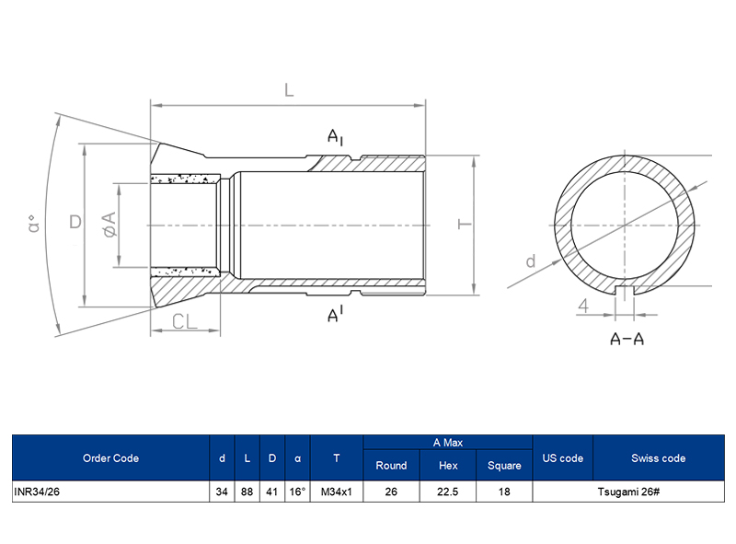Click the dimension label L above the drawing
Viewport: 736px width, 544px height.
(288, 90)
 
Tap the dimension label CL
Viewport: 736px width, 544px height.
(186, 321)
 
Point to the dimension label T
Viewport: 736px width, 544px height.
(465, 224)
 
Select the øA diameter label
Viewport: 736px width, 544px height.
(109, 224)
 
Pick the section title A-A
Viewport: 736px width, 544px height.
(627, 339)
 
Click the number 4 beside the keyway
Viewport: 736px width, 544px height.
(583, 307)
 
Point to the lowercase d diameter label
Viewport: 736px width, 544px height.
(530, 261)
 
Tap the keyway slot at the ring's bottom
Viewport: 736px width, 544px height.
(627, 292)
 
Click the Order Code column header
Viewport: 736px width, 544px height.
(110, 458)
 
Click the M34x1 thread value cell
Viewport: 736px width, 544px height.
(337, 492)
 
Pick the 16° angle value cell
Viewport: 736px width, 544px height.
(297, 492)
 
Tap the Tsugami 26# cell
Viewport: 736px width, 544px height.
(627, 492)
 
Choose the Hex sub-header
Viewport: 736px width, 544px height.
(448, 466)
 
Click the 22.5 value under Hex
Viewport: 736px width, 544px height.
(448, 492)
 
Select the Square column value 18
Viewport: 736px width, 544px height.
(504, 492)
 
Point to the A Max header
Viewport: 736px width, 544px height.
(448, 443)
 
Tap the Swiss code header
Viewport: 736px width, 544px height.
(658, 458)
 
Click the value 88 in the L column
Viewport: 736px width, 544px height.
(247, 492)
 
